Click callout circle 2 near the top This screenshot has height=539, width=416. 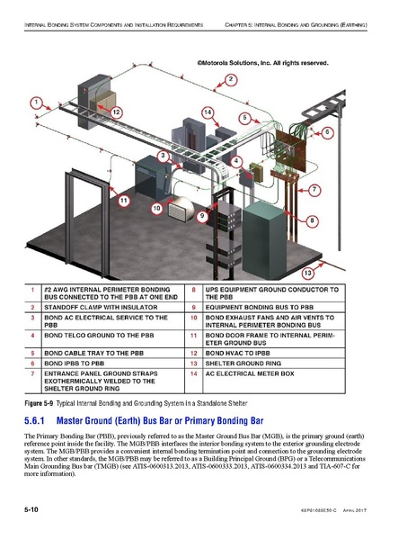coord(230,80)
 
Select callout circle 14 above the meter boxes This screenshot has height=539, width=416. coord(207,112)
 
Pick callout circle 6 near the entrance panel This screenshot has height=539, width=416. coord(329,132)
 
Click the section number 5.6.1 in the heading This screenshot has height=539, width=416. coord(40,420)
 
